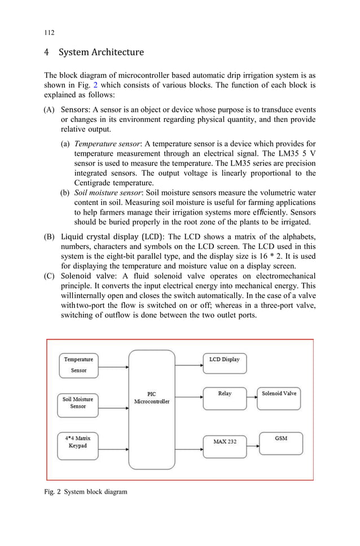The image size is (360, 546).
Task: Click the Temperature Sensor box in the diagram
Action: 78,365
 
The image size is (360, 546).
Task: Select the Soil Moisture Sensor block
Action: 78,403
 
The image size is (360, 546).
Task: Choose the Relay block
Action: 224,398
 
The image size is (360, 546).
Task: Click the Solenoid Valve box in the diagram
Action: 279,398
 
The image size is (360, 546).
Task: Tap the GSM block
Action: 280,442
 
